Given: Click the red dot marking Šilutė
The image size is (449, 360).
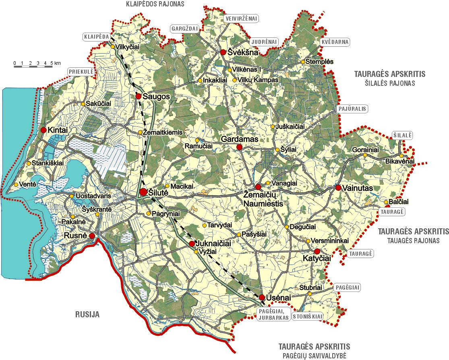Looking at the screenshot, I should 143,192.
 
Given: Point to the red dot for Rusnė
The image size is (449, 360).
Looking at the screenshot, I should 92,236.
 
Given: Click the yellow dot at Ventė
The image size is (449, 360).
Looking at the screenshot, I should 16,184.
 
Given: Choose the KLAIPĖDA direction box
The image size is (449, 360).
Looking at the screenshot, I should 96,37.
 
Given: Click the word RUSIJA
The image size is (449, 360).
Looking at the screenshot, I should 87,315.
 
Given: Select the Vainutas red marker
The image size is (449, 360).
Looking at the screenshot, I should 338,188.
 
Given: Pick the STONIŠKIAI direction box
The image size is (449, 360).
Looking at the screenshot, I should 308,317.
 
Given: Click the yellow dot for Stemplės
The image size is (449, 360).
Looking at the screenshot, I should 302,62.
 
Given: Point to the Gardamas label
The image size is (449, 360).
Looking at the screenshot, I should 240,139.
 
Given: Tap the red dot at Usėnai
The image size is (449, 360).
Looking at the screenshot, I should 262,297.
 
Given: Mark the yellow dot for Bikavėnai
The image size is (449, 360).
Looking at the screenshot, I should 401,156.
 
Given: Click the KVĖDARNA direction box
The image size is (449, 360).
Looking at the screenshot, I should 335,42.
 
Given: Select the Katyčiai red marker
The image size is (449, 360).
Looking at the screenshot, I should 317,251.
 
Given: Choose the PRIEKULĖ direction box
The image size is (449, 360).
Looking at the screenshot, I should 81,71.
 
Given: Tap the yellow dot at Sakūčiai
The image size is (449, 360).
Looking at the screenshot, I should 83,104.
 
